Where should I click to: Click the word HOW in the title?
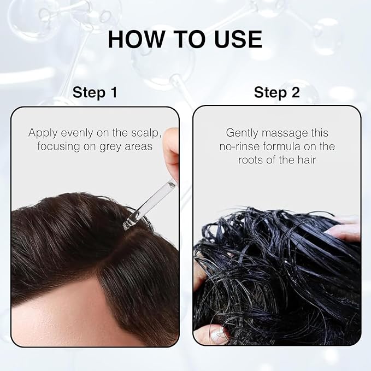[x=136, y=39]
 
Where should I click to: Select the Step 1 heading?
[x=95, y=92]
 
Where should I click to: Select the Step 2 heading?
[x=277, y=92]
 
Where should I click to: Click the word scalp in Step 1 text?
[x=146, y=133]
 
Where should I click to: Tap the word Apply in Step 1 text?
[x=43, y=133]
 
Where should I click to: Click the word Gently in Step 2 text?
[x=242, y=133]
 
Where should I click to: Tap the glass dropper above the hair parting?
[x=149, y=205]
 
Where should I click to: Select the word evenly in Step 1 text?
[x=77, y=133]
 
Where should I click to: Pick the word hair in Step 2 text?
[x=307, y=160]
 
